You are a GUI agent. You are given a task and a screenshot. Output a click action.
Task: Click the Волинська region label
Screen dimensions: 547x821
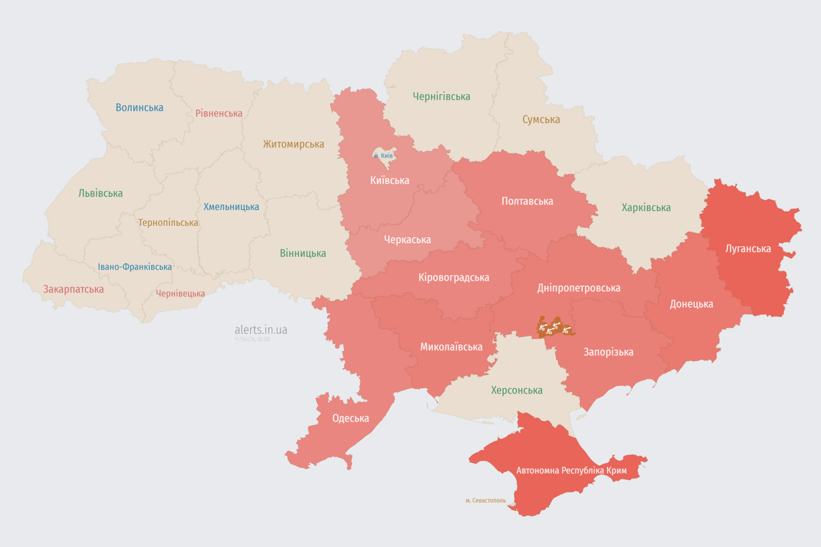[140, 108]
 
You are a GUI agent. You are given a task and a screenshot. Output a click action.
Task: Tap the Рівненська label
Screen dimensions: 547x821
[219, 113]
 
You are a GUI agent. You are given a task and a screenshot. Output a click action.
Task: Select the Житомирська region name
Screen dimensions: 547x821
[293, 144]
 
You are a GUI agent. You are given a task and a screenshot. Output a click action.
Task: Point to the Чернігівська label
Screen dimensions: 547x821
[441, 96]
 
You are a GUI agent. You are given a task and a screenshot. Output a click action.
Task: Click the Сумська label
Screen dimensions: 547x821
[541, 120]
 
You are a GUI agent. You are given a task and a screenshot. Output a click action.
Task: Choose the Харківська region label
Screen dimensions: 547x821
[646, 208]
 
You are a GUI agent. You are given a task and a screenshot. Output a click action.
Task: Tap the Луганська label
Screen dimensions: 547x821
[748, 249]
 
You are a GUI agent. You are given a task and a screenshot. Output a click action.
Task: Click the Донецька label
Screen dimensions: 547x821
[691, 304]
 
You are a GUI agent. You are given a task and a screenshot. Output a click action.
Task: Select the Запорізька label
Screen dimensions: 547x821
[608, 352]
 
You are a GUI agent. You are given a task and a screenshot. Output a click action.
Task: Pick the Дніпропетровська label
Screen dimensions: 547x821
[578, 288]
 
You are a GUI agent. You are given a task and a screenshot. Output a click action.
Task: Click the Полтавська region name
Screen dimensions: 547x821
[527, 202]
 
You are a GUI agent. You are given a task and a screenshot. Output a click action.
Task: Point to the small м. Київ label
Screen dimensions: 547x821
[383, 155]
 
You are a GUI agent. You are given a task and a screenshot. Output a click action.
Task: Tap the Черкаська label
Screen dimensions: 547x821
[407, 240]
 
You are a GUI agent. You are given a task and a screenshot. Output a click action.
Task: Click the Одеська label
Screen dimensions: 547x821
[351, 418]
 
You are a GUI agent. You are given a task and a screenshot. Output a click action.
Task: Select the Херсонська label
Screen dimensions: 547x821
[516, 390]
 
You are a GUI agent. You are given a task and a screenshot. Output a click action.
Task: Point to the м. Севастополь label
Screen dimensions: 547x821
[485, 501]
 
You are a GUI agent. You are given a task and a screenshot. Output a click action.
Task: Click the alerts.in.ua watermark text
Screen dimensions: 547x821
[261, 330]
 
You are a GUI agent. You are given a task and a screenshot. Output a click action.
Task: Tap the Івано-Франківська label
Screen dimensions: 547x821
[135, 267]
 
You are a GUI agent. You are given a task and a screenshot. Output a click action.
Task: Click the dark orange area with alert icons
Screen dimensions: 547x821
[555, 328]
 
